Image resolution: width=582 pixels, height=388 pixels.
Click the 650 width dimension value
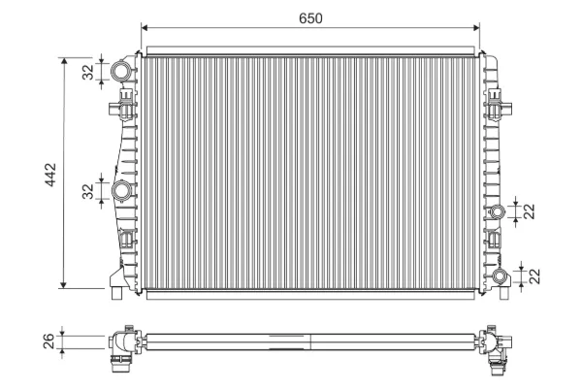coord(310,18)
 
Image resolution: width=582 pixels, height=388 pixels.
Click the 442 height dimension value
coord(50,175)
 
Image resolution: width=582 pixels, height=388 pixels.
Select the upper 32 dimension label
coord(88,72)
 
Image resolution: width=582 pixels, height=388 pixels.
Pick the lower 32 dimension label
coord(88,192)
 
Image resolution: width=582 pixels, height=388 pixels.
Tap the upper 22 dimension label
coord(530,211)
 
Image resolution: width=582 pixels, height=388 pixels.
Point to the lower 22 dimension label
coord(534,276)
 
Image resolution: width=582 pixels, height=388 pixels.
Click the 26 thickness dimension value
coord(49,341)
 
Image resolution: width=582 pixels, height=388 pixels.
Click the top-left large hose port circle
coord(121,71)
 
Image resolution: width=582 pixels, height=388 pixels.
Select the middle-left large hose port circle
coord(121,190)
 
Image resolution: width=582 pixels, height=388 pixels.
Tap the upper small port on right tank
coord(497,211)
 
